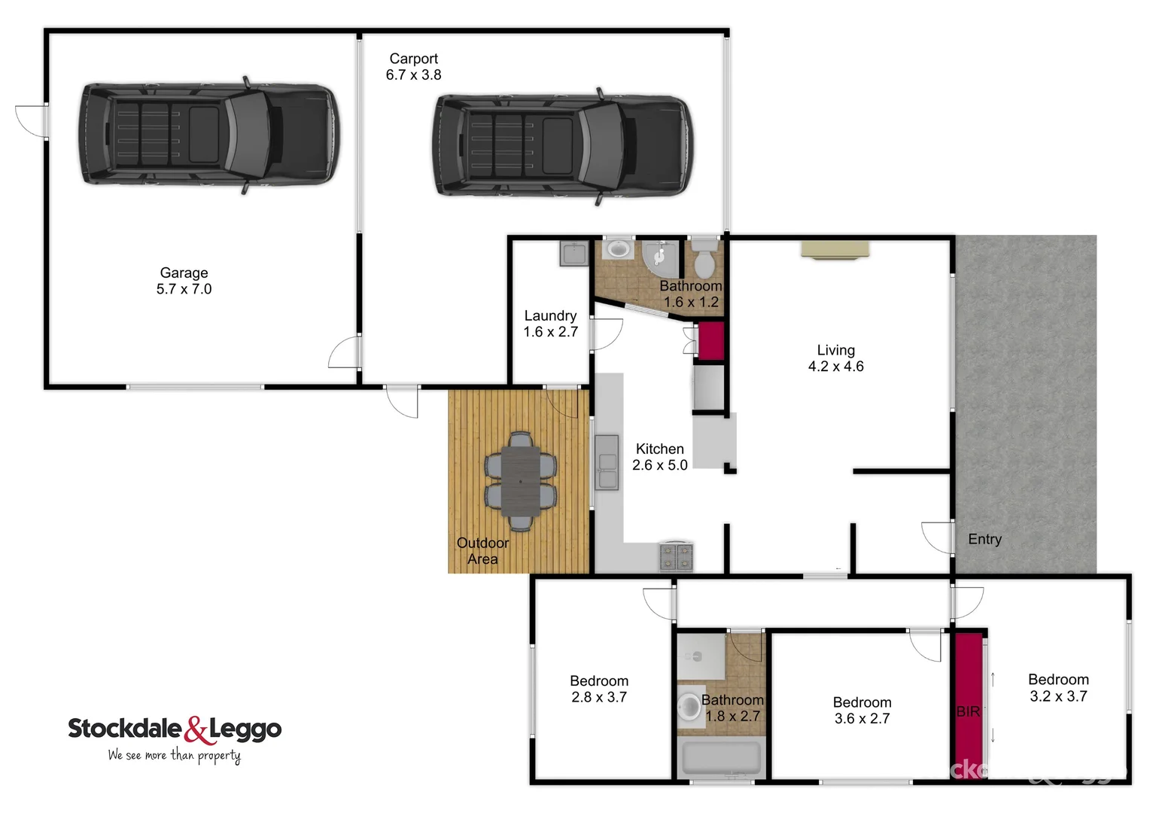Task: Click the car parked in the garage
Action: click(208, 135)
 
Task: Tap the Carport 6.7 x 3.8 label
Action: click(413, 67)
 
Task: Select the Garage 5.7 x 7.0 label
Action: click(184, 281)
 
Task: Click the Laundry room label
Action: click(550, 324)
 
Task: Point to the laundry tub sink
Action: click(573, 254)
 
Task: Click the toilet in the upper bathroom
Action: click(704, 260)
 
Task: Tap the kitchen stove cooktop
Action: click(675, 557)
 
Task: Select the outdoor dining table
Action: click(520, 481)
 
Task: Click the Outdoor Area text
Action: click(482, 551)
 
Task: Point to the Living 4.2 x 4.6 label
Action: click(835, 358)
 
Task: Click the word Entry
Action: click(984, 539)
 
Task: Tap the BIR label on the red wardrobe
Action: click(968, 711)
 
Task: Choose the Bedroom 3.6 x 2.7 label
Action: click(862, 711)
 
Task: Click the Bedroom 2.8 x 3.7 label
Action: click(599, 689)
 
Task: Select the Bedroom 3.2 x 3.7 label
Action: click(1058, 688)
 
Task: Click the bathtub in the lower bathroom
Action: click(721, 758)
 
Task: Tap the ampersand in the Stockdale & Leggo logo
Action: click(196, 729)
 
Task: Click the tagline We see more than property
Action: click(174, 755)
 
